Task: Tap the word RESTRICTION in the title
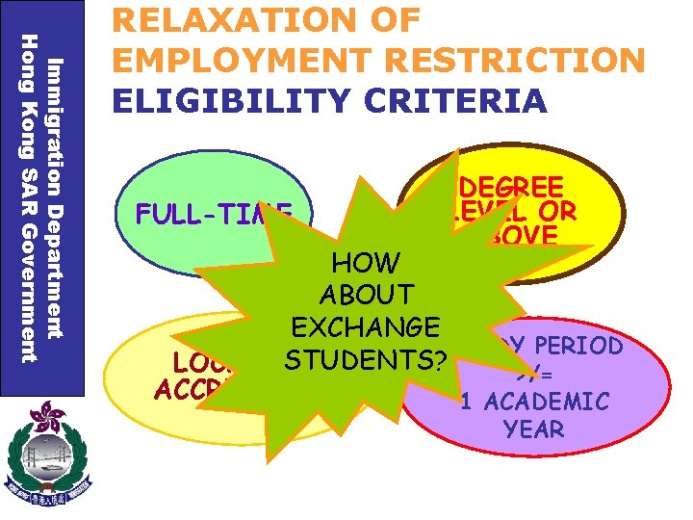509,60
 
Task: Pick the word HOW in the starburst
366,262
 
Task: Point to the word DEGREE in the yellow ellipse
511,187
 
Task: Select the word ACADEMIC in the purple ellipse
549,401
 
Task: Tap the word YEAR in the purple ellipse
534,429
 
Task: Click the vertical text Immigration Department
57,197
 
